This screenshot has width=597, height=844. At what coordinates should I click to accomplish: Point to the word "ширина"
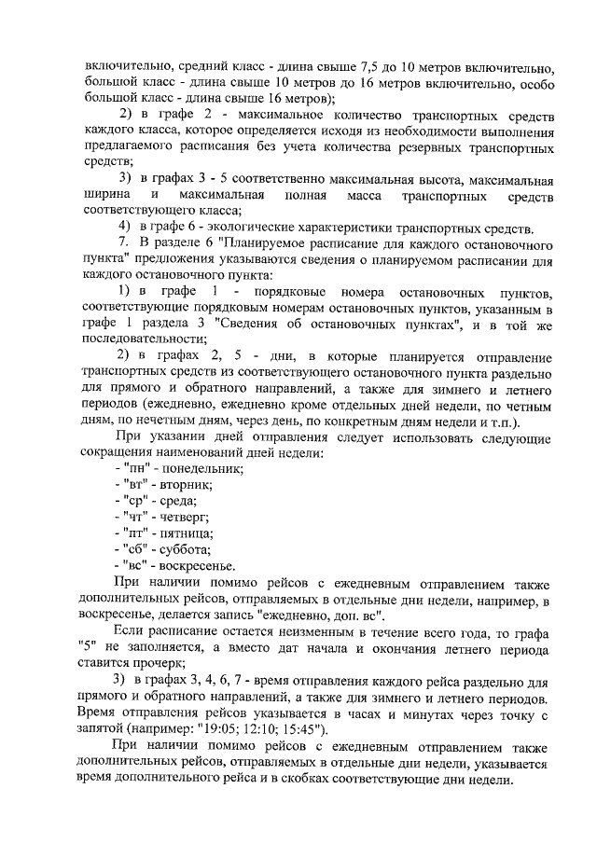110,196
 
